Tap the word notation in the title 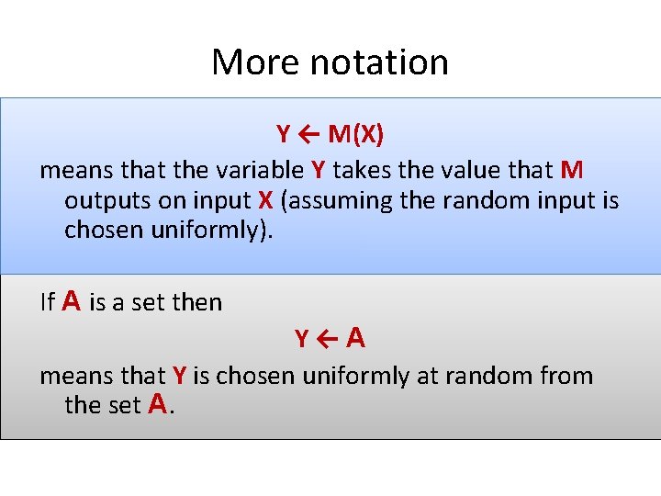tap(379, 62)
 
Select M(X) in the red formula tap(356, 135)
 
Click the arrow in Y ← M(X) tap(308, 135)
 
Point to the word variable tap(261, 170)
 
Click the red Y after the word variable tap(319, 170)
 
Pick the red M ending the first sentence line tap(571, 170)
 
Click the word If tap(48, 302)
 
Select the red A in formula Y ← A tap(356, 338)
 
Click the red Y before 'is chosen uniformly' tap(180, 376)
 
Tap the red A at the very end tap(158, 403)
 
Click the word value tap(493, 170)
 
